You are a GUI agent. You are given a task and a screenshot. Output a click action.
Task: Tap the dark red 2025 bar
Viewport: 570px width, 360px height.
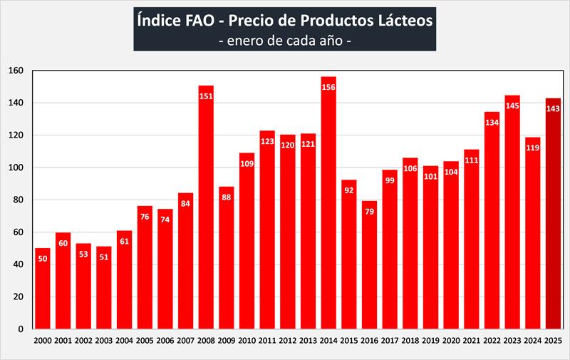point(553,214)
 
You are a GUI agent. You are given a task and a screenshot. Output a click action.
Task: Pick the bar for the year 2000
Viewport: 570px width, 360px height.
point(43,292)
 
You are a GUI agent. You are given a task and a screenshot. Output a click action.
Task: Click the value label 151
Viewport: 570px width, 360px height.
point(206,97)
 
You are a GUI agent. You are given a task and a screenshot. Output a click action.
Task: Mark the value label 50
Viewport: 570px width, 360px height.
point(43,259)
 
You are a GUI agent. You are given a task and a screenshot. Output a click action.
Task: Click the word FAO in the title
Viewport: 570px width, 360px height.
point(192,20)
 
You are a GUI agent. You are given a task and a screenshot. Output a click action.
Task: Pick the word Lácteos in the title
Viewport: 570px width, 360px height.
point(402,20)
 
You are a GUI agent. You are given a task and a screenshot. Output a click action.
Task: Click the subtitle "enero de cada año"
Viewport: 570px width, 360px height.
point(284,40)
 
